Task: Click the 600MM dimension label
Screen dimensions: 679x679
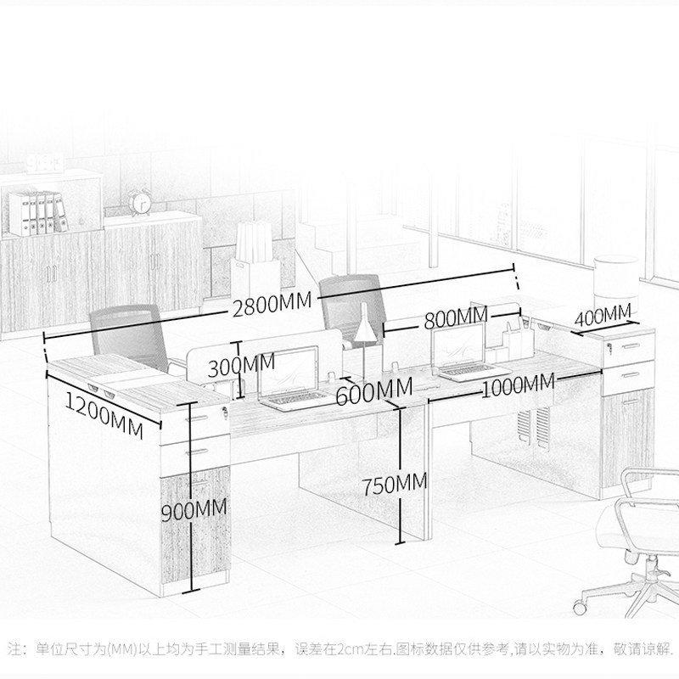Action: [x=373, y=393]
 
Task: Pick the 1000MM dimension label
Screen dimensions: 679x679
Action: [x=518, y=386]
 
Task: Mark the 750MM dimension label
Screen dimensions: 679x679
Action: [x=394, y=485]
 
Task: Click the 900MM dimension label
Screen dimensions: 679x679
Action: [x=195, y=511]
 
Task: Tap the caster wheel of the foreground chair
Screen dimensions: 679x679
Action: [x=583, y=604]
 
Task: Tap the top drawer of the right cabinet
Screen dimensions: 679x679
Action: [x=629, y=347]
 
